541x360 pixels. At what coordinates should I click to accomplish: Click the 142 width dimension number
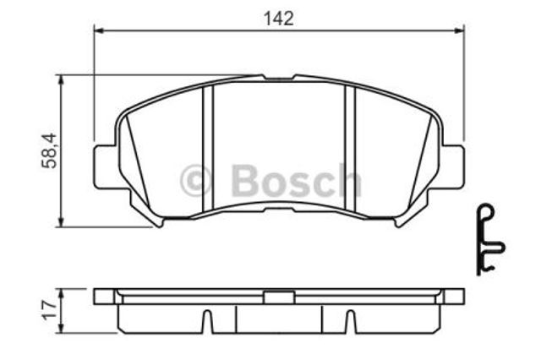click(278, 19)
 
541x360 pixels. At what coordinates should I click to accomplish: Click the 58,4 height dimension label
click(49, 150)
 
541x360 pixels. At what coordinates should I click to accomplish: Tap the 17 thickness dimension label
click(49, 310)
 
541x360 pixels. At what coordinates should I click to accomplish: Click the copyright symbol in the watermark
click(195, 180)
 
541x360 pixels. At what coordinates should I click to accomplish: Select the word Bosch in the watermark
click(296, 181)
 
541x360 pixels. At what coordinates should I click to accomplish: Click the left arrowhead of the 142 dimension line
click(99, 31)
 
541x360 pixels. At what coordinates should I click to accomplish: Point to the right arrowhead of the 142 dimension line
click(459, 31)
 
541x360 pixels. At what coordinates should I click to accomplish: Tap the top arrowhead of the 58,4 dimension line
click(61, 80)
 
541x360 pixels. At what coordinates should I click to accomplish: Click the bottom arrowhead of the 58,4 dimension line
click(61, 221)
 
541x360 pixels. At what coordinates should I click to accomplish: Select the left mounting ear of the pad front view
click(106, 166)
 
